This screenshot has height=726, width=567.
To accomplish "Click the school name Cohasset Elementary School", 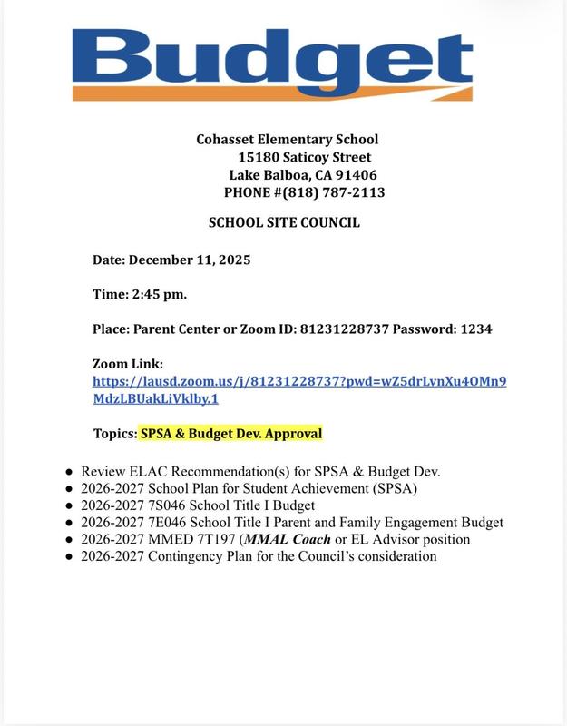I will coord(287,140).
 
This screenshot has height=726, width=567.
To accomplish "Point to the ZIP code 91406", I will coord(356,175).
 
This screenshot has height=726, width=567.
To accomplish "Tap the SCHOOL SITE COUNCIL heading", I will coord(284,222).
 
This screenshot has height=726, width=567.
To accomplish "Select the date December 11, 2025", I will coord(190,260).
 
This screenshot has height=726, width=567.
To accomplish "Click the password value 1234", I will coord(476,329).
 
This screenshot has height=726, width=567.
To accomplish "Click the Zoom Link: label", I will coord(127,364).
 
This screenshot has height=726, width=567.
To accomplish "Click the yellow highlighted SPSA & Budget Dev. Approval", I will coord(230,434).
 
